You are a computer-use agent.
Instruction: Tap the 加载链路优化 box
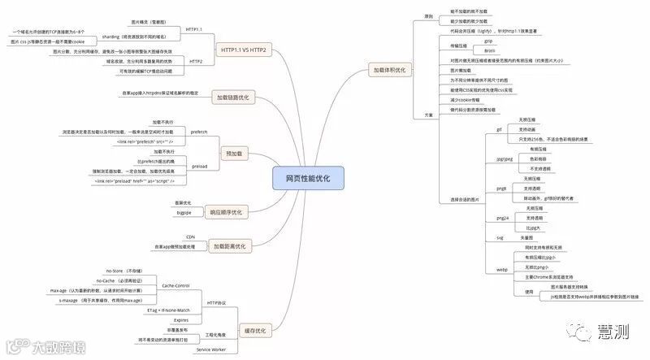tap(232, 98)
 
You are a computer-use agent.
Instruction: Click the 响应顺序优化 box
tap(226, 212)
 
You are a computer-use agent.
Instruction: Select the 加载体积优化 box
tap(389, 71)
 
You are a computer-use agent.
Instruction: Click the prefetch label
tap(198, 131)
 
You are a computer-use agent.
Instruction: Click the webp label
tap(501, 268)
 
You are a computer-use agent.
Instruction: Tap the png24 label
tap(502, 219)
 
